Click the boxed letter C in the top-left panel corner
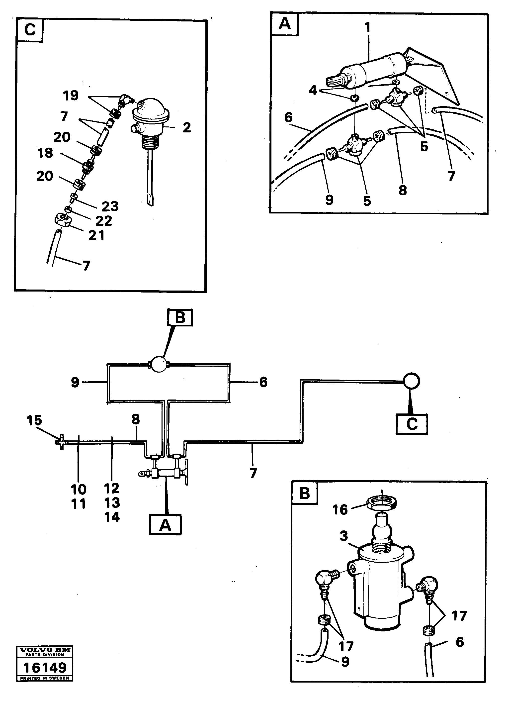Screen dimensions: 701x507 (x=30, y=30)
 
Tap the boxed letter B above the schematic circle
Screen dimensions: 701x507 (x=180, y=317)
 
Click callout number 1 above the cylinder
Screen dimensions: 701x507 (x=367, y=27)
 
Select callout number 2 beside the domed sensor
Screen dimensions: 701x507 (x=187, y=127)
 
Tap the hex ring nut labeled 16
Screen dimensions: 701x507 (x=382, y=504)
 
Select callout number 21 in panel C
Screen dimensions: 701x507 (x=96, y=235)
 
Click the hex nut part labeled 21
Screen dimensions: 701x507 (x=63, y=220)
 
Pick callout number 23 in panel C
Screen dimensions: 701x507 (x=110, y=206)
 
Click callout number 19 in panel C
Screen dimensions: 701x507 (x=71, y=96)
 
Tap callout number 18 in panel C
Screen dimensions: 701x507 (x=45, y=153)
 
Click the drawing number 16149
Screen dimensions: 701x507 (x=45, y=668)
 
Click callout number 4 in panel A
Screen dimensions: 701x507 (x=313, y=91)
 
